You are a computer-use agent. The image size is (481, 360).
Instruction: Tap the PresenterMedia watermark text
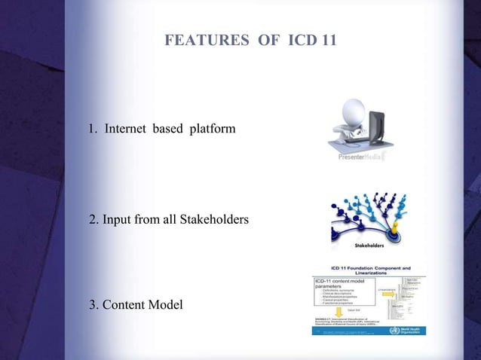click(361, 158)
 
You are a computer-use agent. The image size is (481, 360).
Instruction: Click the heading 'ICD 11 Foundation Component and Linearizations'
click(372, 270)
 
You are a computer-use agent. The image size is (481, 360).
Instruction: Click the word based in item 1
click(168, 130)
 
